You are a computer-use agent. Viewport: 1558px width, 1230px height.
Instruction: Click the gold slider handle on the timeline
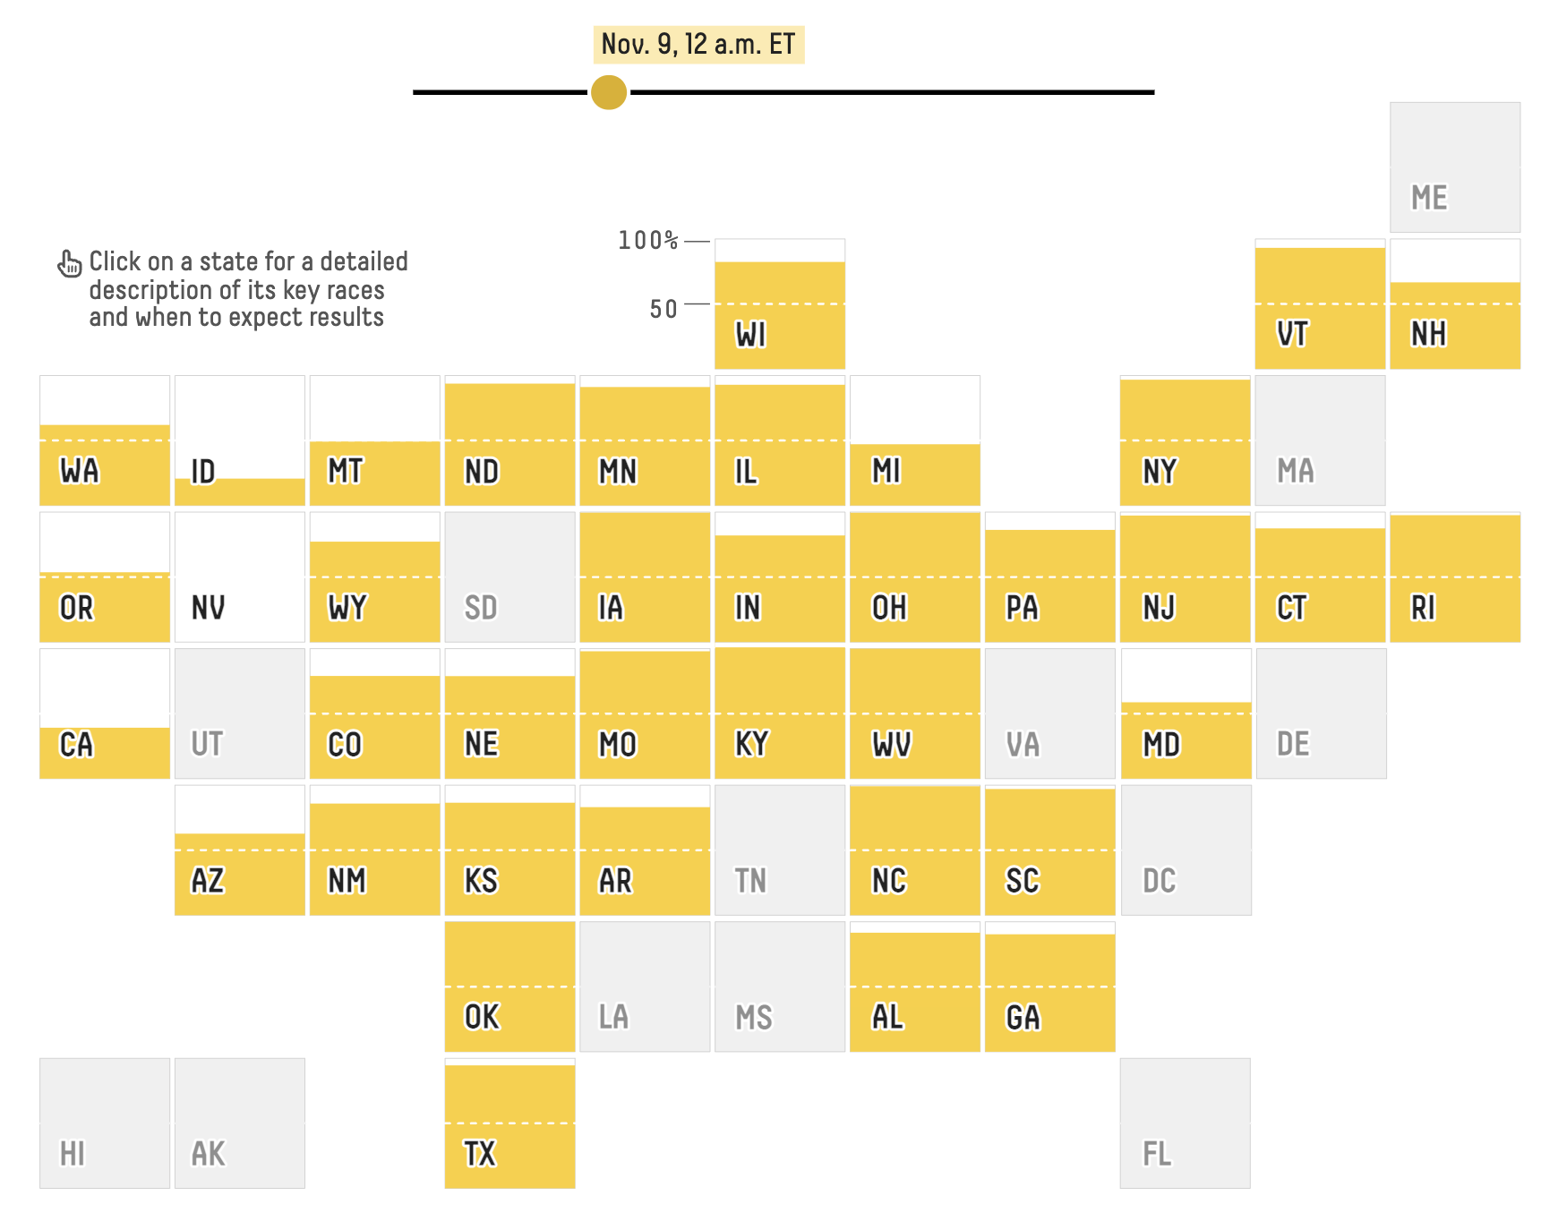(x=609, y=92)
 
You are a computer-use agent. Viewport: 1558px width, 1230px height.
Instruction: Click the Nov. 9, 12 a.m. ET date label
(x=698, y=44)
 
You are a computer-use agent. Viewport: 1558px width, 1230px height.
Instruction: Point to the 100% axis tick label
(x=648, y=240)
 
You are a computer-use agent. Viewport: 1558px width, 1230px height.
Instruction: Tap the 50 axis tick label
(x=663, y=309)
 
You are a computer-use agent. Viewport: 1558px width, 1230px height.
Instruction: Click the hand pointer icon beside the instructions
(x=69, y=263)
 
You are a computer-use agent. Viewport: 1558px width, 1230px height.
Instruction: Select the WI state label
(x=751, y=335)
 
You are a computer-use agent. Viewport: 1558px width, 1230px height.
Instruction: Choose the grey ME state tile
(x=1454, y=167)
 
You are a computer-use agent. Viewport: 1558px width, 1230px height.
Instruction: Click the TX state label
(x=480, y=1154)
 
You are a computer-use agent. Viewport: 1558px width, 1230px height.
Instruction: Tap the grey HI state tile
(x=105, y=1123)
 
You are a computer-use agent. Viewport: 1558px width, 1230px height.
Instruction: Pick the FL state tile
(x=1185, y=1123)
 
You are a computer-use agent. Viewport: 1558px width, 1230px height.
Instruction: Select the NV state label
(x=209, y=608)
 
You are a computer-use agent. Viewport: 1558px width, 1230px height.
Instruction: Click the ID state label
(x=203, y=472)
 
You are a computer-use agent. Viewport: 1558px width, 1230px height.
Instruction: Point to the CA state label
(x=76, y=745)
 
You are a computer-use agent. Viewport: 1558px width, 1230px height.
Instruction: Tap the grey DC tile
(x=1186, y=850)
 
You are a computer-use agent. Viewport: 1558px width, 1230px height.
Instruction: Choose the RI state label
(x=1424, y=608)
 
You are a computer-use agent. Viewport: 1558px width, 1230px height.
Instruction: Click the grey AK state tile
(x=239, y=1123)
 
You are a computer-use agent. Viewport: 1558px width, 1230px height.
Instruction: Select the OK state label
(x=482, y=1017)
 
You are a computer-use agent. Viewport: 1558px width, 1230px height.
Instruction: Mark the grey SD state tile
(x=509, y=577)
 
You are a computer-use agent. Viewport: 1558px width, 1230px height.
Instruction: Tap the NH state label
(x=1429, y=335)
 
